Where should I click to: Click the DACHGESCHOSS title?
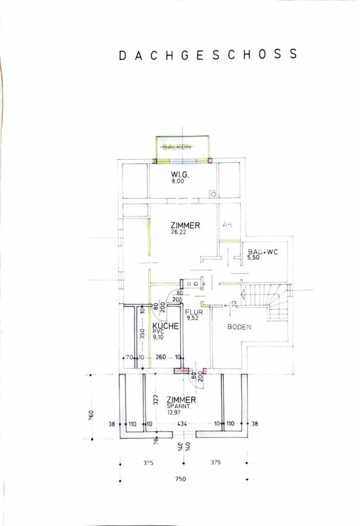208,54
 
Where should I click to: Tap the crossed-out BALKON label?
177,147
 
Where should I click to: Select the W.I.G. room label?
180,175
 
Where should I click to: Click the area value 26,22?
178,232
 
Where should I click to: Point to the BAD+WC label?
263,252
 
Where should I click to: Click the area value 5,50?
254,257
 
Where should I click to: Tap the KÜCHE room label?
166,326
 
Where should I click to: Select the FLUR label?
194,312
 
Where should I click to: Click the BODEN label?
239,327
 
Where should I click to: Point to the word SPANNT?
178,406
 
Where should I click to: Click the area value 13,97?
174,412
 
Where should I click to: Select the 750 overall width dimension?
181,479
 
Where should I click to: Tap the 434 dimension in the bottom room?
182,424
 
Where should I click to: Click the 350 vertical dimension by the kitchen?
142,334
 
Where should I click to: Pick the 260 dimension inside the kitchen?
161,357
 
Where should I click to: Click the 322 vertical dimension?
156,399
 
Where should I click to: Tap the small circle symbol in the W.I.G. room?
213,194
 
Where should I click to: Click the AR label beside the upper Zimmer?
228,225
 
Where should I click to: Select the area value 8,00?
178,181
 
